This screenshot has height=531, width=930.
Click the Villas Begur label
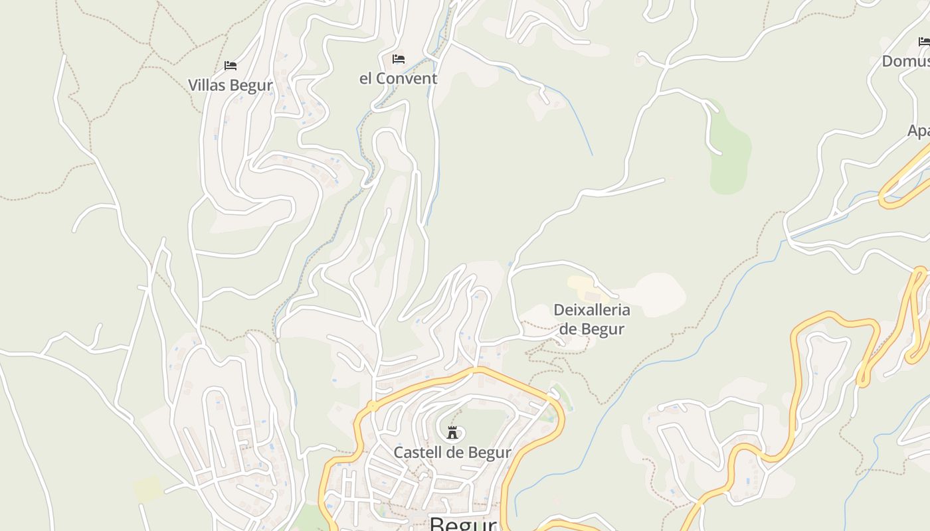[230, 86]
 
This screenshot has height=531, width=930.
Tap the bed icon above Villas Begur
[231, 66]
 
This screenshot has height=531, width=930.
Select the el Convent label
[398, 79]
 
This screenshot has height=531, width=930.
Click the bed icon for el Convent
[399, 59]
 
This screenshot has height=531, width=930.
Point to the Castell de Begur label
[452, 453]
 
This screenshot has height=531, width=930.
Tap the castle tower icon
[452, 433]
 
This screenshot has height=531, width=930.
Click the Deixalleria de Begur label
[591, 319]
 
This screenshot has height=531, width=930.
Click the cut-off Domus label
[905, 62]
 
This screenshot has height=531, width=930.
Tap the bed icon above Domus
[924, 42]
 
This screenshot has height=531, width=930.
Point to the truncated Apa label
[919, 131]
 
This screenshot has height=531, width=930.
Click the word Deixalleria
[591, 310]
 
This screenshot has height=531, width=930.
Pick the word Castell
[417, 453]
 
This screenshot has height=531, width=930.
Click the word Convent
[407, 79]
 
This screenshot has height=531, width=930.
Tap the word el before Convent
[366, 79]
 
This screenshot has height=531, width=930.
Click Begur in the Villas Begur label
[252, 86]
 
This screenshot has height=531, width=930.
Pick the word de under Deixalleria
[569, 329]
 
